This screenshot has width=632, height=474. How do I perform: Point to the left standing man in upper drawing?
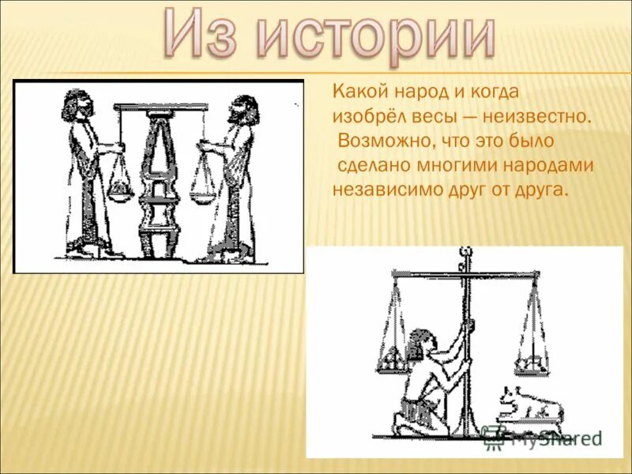click(x=83, y=174)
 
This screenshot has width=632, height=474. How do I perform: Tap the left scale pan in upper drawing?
click(x=120, y=190)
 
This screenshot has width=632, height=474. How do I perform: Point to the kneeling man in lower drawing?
click(x=431, y=387)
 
